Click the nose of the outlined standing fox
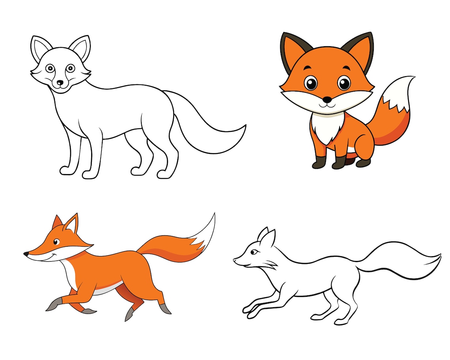click(60, 83)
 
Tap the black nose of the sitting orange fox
click(327, 100)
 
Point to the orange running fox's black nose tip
click(26, 254)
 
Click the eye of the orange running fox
click(56, 242)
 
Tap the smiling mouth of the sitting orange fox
click(327, 105)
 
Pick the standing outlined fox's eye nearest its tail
click(70, 68)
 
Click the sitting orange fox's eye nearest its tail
click(344, 83)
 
